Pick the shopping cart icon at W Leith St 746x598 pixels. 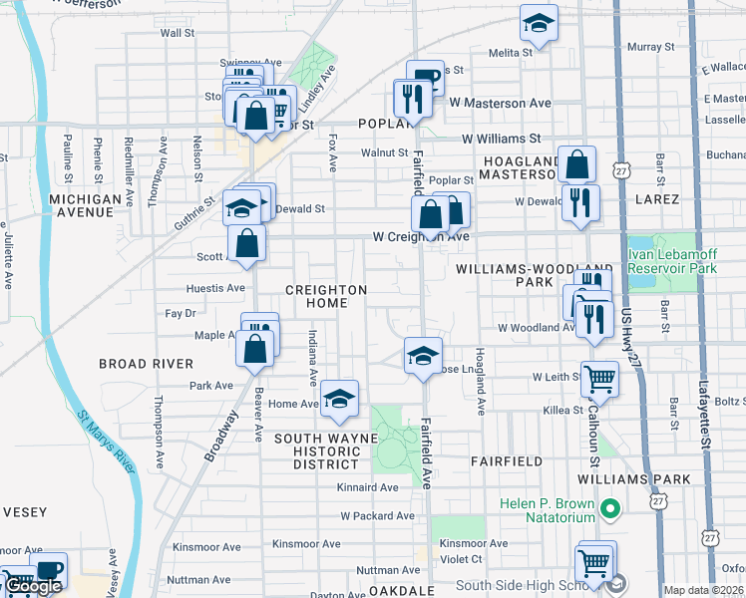pos(599,378)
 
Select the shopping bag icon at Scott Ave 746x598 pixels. pos(246,242)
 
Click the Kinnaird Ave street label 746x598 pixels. pos(368,487)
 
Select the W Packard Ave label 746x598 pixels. pos(376,516)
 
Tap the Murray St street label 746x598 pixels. pos(651,47)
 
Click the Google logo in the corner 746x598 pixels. pos(33,587)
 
